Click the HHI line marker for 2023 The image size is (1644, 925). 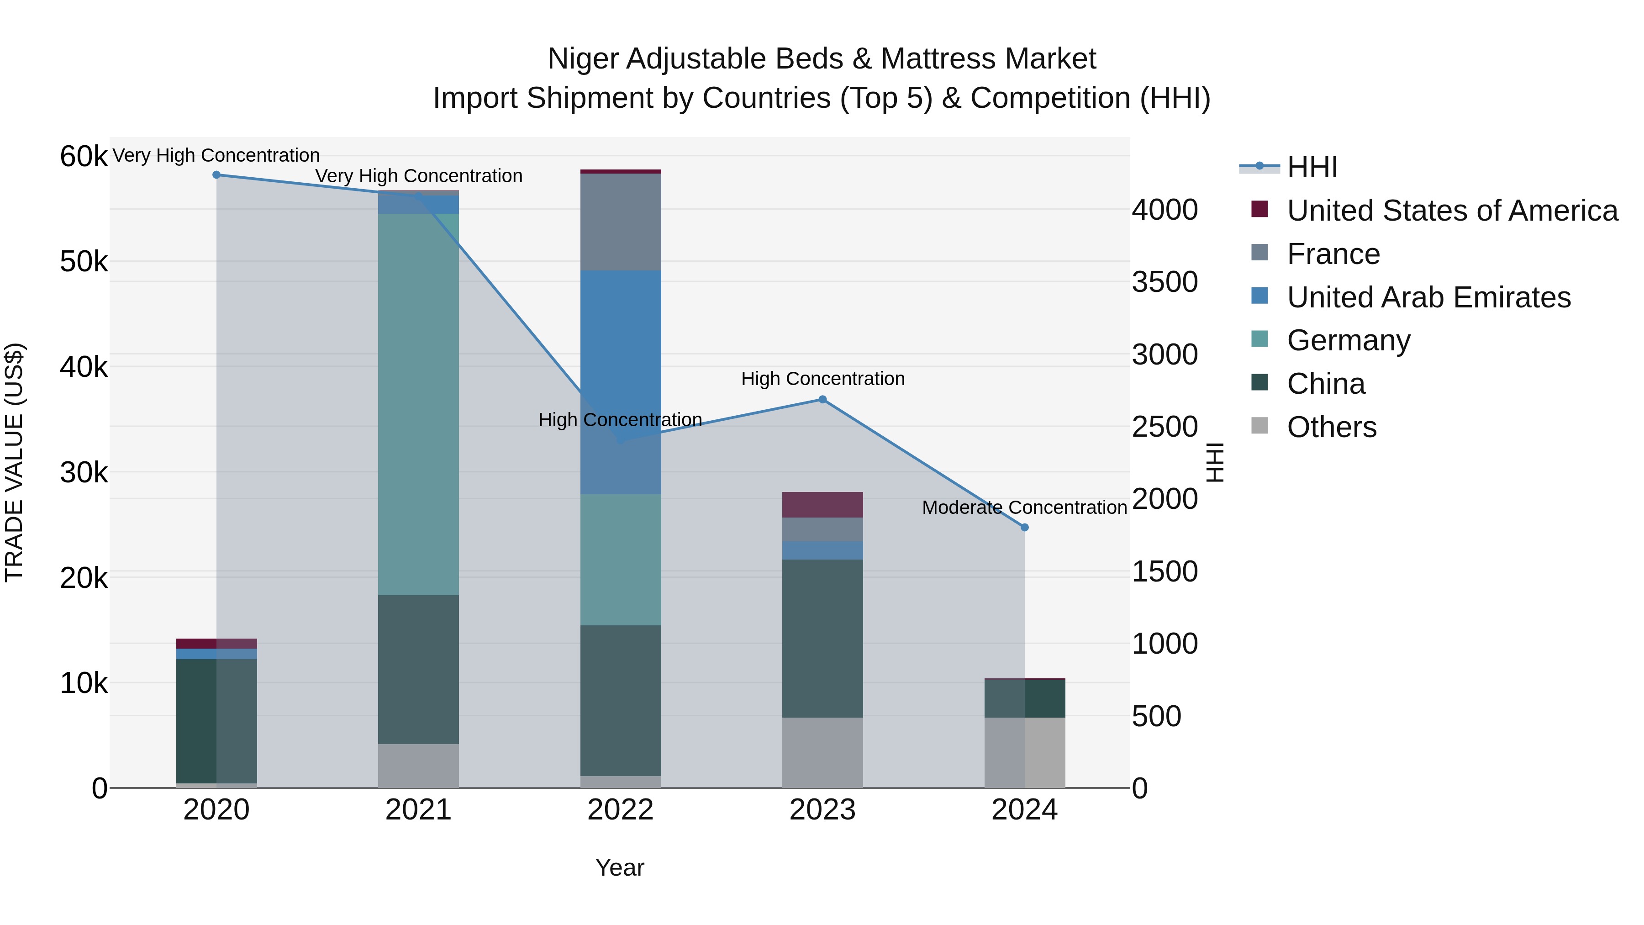click(822, 400)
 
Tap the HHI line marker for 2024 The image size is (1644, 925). click(1025, 527)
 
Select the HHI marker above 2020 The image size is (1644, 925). click(216, 175)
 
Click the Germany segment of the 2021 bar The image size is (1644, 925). click(419, 404)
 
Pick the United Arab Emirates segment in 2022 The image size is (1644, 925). click(620, 382)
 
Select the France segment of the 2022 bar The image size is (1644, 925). click(620, 222)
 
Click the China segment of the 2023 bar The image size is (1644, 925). click(822, 639)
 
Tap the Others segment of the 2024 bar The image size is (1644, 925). click(1025, 753)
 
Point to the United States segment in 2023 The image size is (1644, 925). click(822, 505)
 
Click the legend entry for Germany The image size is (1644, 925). click(1349, 340)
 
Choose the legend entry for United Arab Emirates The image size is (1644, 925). click(1428, 297)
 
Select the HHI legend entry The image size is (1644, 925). click(1312, 167)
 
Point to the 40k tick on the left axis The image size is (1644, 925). click(84, 367)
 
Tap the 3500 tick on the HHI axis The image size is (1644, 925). click(1164, 282)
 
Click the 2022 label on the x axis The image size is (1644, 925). click(620, 810)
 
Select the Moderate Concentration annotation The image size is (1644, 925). click(1024, 507)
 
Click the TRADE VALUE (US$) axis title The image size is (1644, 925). click(15, 462)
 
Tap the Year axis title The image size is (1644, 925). click(620, 867)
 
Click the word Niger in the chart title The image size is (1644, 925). click(582, 59)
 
